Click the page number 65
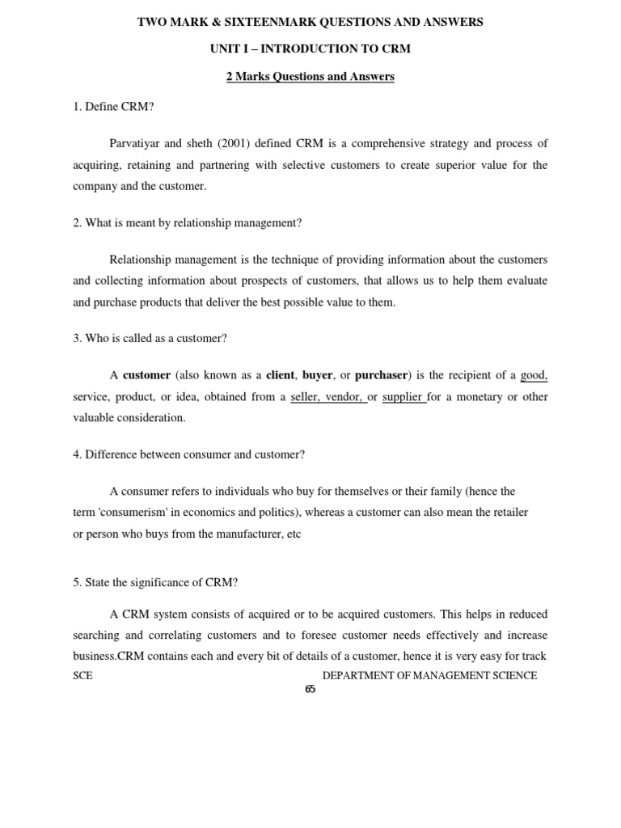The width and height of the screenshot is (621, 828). (x=310, y=690)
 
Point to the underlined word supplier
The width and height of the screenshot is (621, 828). (x=402, y=397)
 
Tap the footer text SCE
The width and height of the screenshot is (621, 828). (x=82, y=675)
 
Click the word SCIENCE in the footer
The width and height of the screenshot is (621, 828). (x=511, y=675)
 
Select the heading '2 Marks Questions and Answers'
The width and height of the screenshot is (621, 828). (x=310, y=76)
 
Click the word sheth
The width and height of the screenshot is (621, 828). (x=218, y=143)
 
